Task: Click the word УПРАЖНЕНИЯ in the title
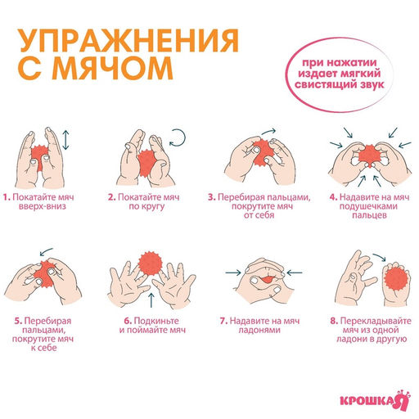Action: (128, 43)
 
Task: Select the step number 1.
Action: (6, 197)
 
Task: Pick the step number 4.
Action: (333, 197)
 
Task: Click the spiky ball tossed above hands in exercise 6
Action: (149, 264)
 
